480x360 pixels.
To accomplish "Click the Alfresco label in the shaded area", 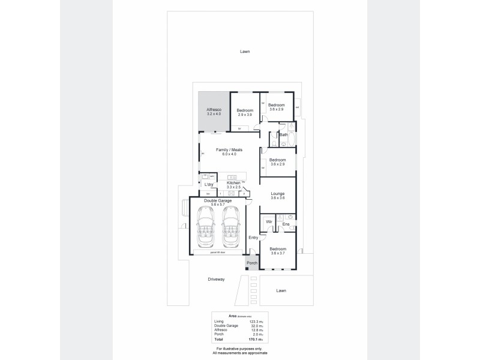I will tap(214, 110).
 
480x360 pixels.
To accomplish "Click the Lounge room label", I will tap(277, 194).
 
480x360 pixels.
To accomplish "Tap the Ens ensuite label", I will tap(286, 224).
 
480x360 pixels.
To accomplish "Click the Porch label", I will tap(253, 262).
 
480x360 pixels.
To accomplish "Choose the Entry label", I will tap(254, 238).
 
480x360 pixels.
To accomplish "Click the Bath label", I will tap(283, 135).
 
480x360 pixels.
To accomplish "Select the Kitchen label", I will tap(233, 182).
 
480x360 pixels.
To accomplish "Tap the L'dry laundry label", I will tap(209, 184).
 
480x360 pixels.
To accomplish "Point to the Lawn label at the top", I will tap(244, 52).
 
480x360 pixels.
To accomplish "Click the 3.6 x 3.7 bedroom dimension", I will tap(277, 253).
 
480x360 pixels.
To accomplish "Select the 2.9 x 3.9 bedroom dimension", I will tap(245, 114).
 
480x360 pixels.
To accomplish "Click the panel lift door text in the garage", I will tap(217, 252).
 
